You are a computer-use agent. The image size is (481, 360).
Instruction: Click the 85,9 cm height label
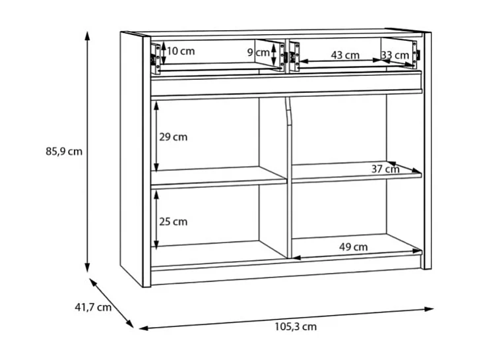(x=64, y=151)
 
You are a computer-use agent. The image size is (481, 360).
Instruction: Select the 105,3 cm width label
(x=296, y=326)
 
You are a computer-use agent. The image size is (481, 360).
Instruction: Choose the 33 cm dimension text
(x=395, y=55)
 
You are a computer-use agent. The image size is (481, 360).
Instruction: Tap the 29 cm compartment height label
(x=174, y=137)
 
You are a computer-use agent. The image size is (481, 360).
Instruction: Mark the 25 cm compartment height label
(x=174, y=222)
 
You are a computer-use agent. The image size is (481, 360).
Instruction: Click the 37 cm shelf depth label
(x=385, y=169)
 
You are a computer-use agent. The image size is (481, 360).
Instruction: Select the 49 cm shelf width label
(x=354, y=247)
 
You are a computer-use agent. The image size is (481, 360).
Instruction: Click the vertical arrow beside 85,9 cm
(x=86, y=151)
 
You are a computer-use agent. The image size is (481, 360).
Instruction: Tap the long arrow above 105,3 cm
(x=286, y=317)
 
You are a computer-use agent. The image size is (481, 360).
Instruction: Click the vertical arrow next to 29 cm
(x=156, y=137)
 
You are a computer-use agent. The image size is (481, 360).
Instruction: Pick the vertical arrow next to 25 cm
(x=156, y=220)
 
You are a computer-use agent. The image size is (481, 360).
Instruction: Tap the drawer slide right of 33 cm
(x=416, y=55)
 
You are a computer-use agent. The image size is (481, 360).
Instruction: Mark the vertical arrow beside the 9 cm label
(x=273, y=53)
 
